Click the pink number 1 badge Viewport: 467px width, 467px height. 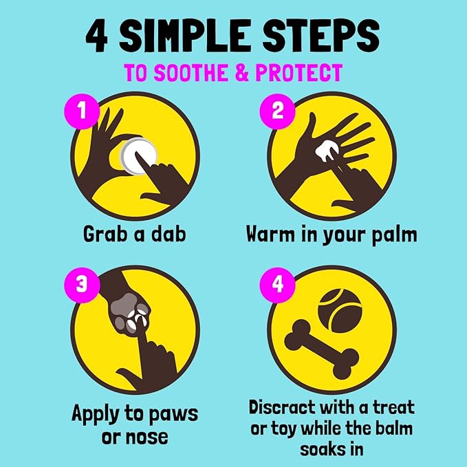82,111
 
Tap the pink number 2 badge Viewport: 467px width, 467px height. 277,111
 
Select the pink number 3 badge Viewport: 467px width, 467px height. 82,285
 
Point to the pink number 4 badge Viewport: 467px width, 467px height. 277,285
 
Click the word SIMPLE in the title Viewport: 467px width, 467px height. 184,36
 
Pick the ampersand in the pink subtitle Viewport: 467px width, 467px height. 241,72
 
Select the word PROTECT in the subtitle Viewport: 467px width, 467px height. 299,72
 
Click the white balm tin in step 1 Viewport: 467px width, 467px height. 138,156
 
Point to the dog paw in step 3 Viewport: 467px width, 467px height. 130,313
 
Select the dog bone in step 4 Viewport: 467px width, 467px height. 322,349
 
